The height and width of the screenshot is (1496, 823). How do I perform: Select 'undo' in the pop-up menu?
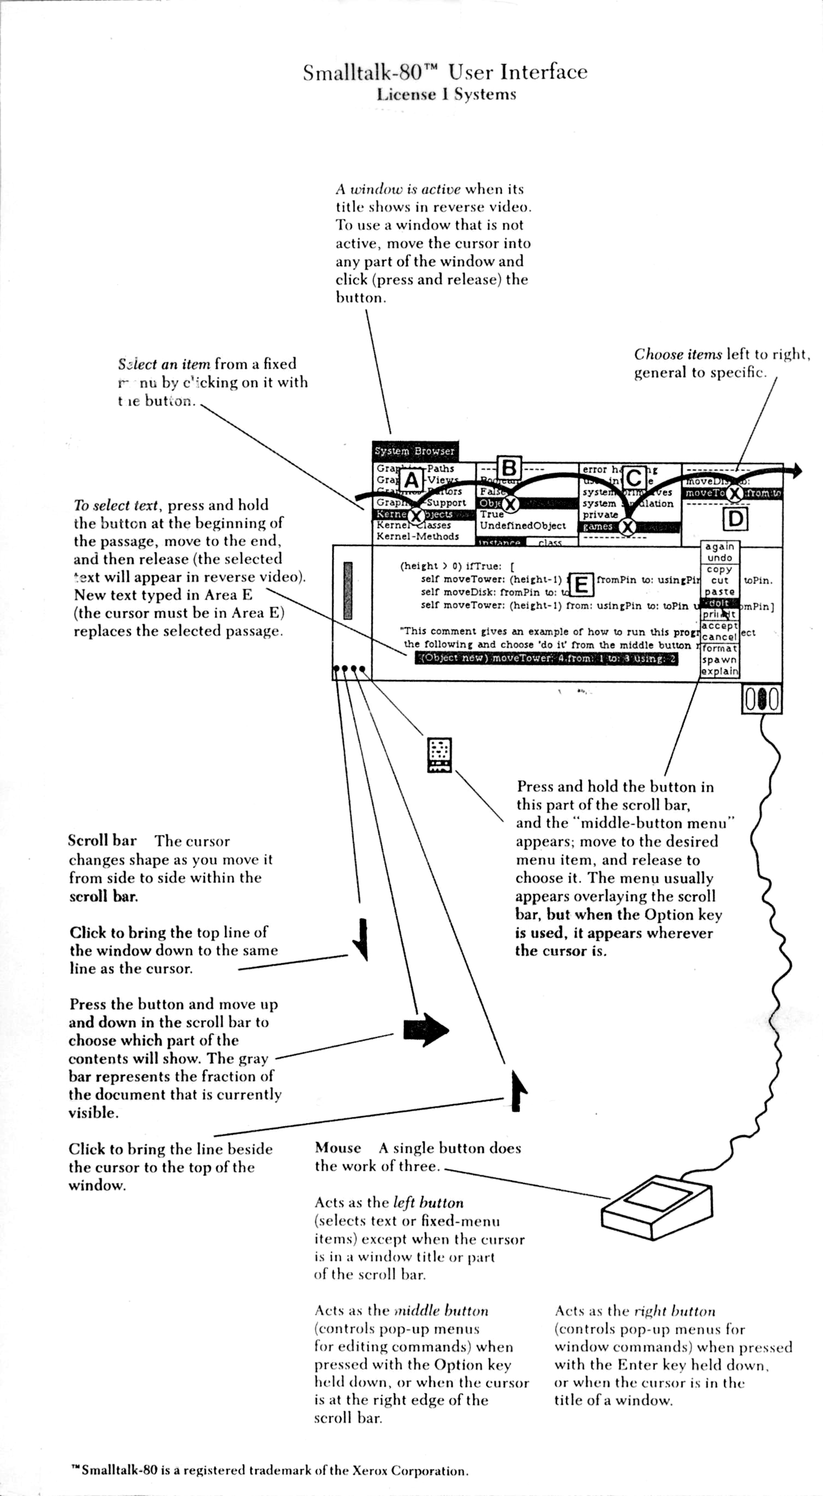720,558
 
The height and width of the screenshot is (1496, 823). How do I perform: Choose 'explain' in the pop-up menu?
720,671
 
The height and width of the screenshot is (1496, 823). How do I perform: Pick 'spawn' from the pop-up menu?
720,660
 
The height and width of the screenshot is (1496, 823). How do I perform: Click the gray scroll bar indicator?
348,590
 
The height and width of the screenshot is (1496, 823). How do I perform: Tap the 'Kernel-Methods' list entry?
418,537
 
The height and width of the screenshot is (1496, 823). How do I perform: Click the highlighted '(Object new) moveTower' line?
546,658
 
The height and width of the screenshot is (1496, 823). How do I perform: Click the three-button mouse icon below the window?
762,699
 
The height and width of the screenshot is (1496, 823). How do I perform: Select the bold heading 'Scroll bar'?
102,840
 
